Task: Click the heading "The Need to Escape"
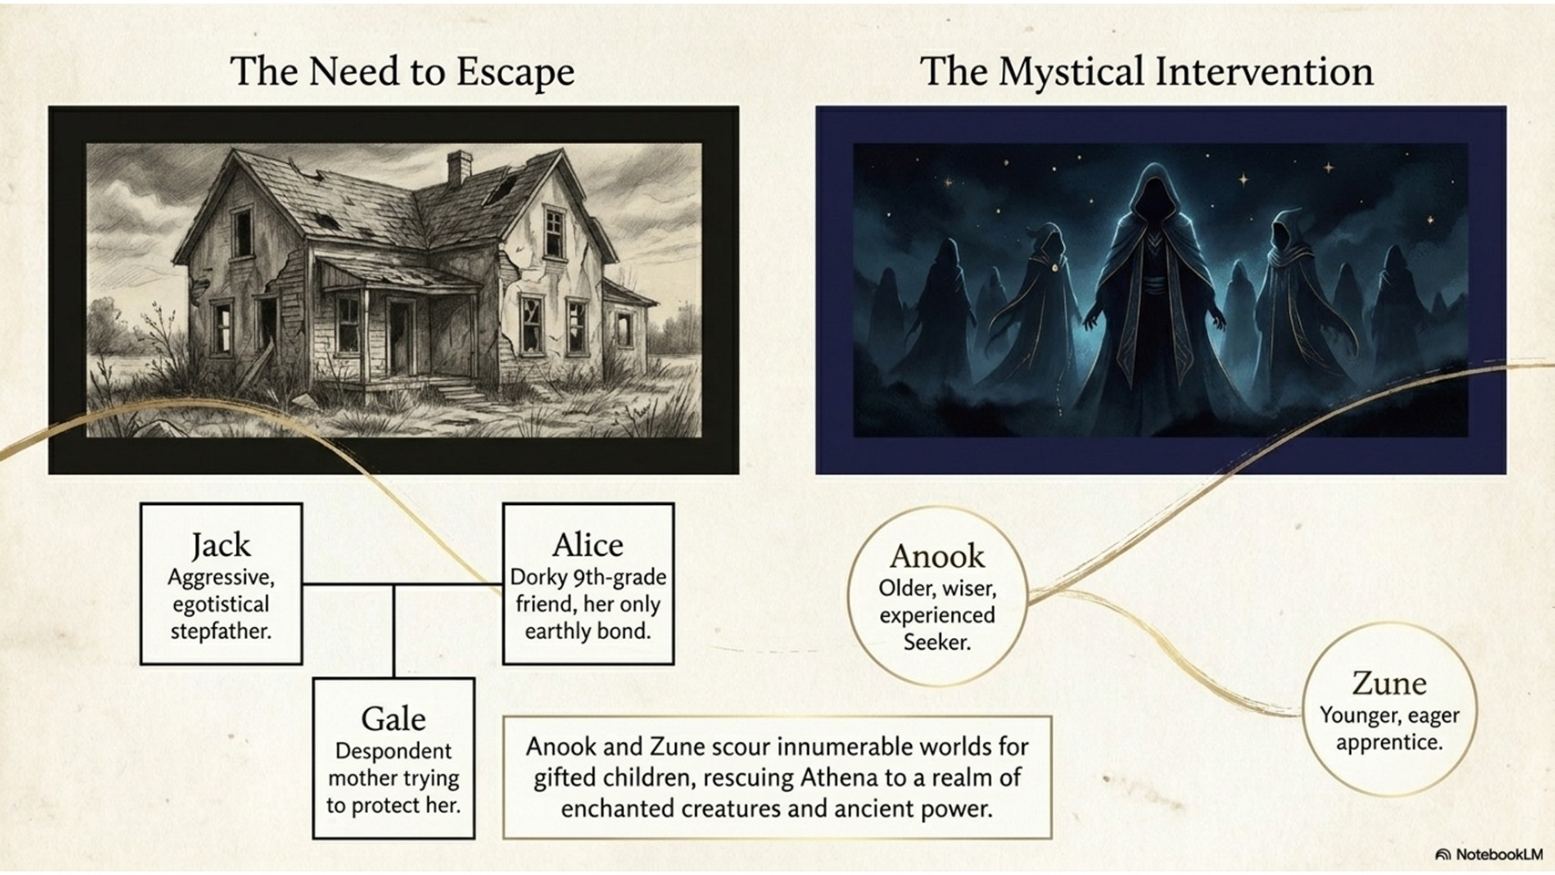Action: point(403,71)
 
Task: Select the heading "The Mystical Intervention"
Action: point(1147,71)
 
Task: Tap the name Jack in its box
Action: point(220,545)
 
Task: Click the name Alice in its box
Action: point(588,545)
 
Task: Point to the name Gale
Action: point(394,719)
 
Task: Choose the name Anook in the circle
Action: point(937,556)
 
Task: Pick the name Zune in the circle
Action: point(1389,684)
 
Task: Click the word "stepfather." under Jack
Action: point(220,632)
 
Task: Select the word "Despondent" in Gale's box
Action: point(394,751)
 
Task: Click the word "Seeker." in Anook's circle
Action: point(936,643)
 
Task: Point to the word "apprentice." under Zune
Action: point(1389,742)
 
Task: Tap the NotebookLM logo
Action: point(1489,854)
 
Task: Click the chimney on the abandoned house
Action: point(459,168)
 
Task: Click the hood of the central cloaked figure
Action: point(1153,189)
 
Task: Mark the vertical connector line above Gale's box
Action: point(394,632)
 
